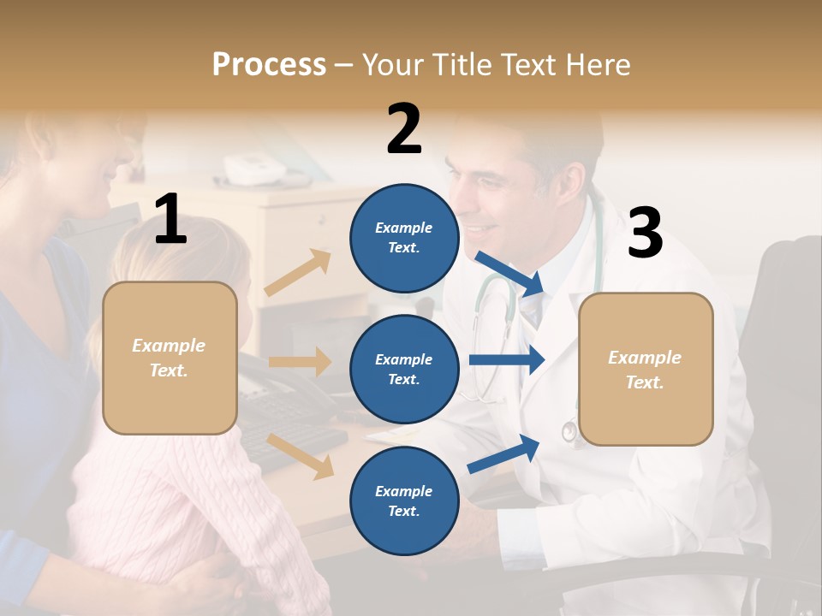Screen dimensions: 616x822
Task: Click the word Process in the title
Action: pos(269,64)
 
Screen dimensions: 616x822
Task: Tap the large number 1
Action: pos(170,219)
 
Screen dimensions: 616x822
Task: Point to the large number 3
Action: pos(645,233)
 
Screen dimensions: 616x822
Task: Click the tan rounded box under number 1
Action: pos(170,358)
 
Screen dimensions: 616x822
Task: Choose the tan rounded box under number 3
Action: pos(646,369)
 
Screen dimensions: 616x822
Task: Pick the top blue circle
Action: pos(404,238)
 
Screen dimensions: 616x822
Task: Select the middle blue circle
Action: pos(404,369)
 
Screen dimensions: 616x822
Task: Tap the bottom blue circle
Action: pos(404,500)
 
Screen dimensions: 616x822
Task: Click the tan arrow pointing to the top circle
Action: pos(298,272)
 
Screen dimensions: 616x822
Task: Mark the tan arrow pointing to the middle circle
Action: pos(300,362)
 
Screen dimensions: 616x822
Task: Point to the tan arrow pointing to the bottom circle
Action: pos(301,455)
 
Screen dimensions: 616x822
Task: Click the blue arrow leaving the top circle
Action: pos(510,273)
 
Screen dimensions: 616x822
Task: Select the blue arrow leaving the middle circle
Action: pos(506,359)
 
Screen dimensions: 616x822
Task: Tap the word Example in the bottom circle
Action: pos(403,491)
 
